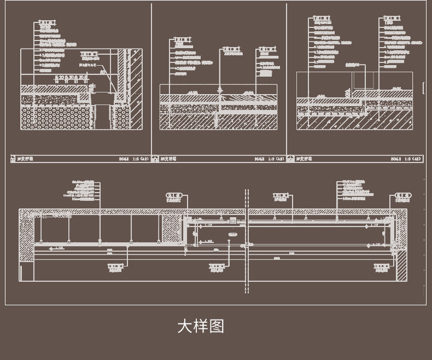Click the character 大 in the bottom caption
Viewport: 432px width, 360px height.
tap(185, 327)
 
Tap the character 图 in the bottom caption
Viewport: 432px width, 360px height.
tap(217, 327)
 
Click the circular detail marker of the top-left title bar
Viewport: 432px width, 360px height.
tap(13, 159)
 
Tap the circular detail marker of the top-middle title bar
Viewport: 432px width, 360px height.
tap(155, 159)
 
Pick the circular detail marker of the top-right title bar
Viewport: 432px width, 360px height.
tap(290, 159)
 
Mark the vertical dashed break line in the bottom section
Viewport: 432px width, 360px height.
tap(247, 241)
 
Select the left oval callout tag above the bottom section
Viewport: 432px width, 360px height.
tap(174, 195)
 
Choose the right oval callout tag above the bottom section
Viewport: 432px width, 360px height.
tap(403, 195)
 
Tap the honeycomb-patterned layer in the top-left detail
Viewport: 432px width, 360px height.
tap(55, 118)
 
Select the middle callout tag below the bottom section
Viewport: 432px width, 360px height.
tap(217, 266)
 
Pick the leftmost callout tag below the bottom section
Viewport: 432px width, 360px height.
tap(115, 266)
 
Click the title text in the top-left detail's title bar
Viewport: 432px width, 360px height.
tap(25, 159)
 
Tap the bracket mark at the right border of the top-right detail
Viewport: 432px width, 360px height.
tap(424, 88)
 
